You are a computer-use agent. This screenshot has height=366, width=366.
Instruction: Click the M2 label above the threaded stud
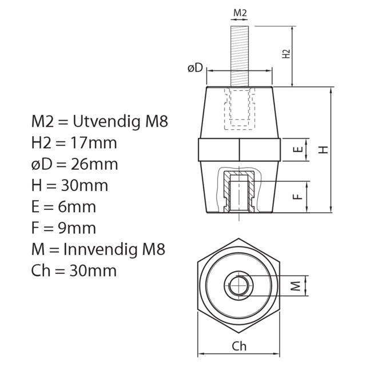coord(240,13)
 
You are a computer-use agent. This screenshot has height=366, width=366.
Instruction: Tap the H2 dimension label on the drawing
coord(286,54)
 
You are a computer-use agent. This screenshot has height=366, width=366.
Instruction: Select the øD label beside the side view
coord(196,68)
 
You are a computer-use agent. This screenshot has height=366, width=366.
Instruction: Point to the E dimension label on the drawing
coord(298,149)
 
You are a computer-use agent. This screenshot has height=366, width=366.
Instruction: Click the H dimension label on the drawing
coord(324,150)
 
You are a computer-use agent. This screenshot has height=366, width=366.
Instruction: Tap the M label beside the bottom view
coord(296,286)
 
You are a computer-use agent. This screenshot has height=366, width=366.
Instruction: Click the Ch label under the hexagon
coord(239,347)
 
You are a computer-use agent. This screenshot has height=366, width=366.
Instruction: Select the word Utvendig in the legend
coord(106,122)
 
